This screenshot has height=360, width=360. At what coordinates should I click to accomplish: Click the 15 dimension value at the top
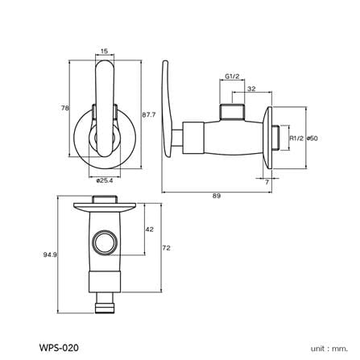104,51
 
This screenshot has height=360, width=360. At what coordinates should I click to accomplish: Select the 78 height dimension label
65,108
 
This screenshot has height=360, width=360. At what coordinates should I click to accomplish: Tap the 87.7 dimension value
149,114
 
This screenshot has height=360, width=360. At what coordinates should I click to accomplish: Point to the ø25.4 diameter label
105,180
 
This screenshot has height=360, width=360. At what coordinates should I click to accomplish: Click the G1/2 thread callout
232,77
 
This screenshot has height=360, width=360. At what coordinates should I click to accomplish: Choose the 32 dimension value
251,89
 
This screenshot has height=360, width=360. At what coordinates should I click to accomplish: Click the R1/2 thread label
296,139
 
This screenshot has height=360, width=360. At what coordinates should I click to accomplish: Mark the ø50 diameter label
312,139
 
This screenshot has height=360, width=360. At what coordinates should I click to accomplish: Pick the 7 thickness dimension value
267,182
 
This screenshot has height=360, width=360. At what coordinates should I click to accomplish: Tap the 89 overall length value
217,196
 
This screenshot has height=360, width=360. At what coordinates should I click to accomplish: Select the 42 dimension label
150,230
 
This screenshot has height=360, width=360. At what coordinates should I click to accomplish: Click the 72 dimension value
167,248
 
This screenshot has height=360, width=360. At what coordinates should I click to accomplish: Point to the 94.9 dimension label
50,254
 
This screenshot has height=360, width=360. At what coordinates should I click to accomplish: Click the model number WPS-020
59,348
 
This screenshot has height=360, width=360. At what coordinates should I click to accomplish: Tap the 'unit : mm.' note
329,349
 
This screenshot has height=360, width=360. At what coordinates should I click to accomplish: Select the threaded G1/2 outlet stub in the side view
233,111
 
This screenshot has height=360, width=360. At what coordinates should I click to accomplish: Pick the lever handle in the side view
166,109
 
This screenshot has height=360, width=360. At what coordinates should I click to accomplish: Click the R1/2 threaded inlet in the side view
276,138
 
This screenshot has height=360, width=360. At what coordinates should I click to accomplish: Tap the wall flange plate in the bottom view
106,207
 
